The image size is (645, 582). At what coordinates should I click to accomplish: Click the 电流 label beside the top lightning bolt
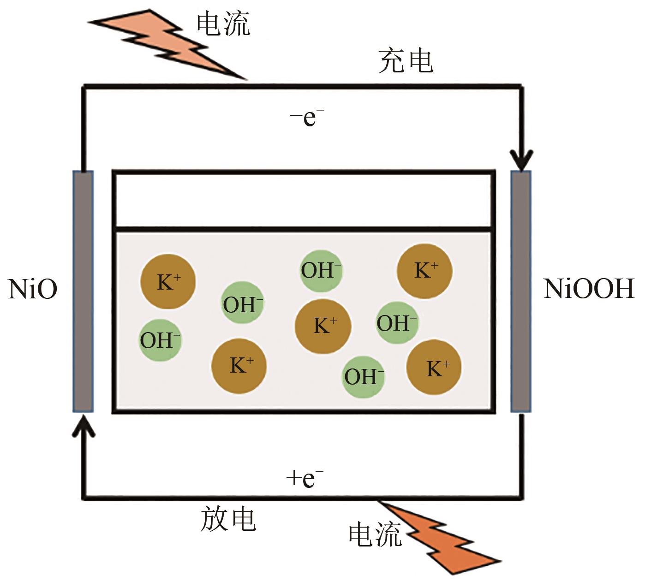pos(223,24)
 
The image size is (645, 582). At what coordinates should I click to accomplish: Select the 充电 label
pos(406,61)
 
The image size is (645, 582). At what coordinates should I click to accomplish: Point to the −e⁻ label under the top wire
pos(307,117)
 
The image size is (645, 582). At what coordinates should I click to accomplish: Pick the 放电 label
pos(228,519)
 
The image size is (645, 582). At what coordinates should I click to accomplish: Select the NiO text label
pos(33,290)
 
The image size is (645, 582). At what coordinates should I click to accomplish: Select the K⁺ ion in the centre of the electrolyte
pos(323,326)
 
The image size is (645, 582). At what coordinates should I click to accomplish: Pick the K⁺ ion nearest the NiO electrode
pos(168,282)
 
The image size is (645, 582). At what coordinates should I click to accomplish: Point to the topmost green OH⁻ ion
pos(321,271)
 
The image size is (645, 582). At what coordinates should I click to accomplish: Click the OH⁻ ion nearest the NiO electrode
pos(160,340)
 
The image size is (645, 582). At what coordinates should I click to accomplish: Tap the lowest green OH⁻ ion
pos(364,377)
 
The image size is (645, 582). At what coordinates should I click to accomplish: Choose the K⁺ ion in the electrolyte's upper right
pos(424,271)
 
